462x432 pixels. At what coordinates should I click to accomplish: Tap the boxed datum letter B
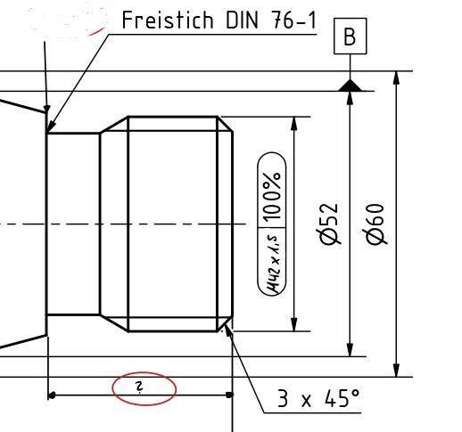(x=349, y=37)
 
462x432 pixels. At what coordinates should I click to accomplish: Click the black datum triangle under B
(x=350, y=85)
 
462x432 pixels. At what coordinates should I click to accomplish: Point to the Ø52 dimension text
(x=329, y=223)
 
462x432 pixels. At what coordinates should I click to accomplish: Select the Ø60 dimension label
(x=375, y=223)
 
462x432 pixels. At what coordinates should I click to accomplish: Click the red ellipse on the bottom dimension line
(x=144, y=387)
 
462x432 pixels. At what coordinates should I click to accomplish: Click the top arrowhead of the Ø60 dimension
(x=397, y=78)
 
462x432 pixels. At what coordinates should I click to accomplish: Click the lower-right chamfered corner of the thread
(x=227, y=322)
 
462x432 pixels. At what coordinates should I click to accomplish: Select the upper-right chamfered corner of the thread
(x=227, y=125)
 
